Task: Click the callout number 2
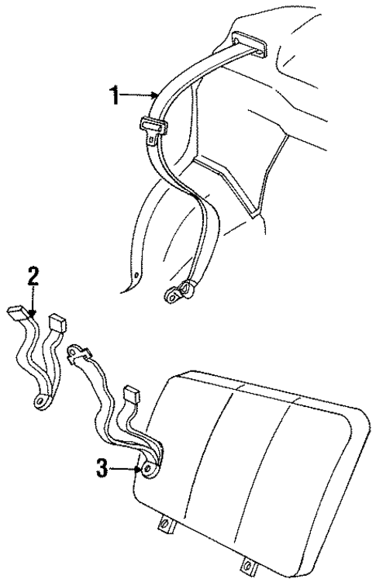pos(33,276)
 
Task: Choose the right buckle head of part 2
pos(57,321)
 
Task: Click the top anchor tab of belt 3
pos(77,353)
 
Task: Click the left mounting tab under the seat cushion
pos(165,526)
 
